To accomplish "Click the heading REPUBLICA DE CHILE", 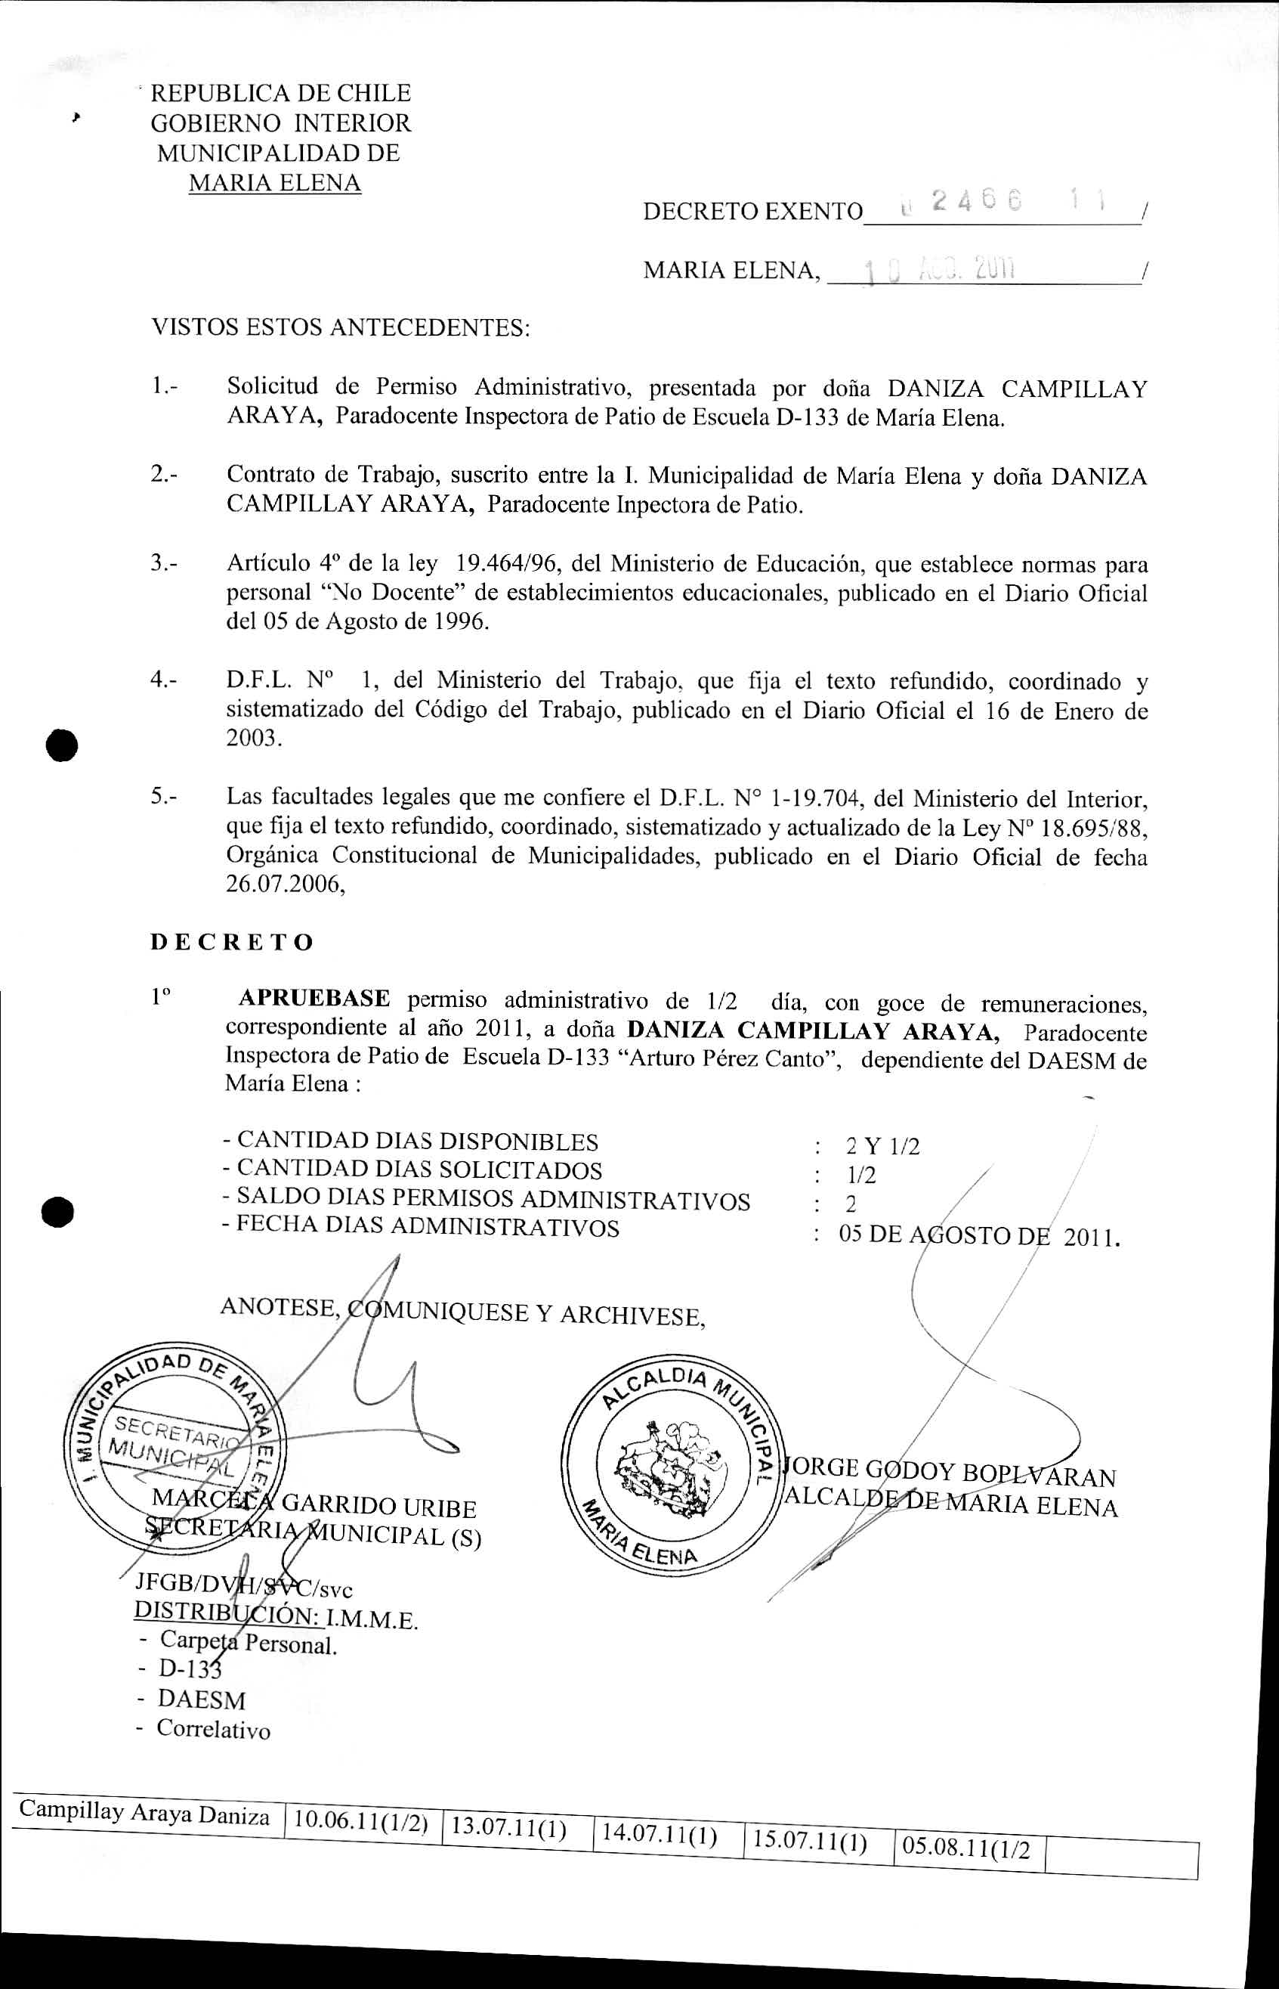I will (x=280, y=93).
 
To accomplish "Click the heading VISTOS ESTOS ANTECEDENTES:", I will (x=340, y=327).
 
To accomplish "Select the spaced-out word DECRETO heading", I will (x=233, y=942).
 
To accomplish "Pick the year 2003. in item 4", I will (x=254, y=739).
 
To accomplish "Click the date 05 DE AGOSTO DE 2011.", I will (x=979, y=1235).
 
